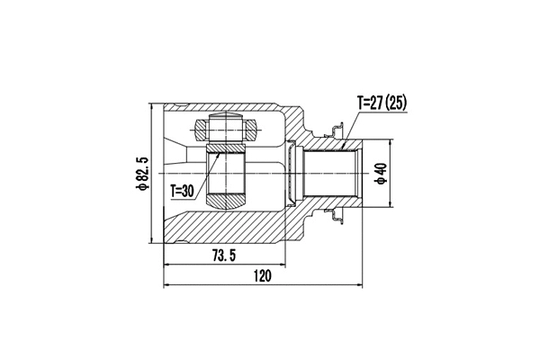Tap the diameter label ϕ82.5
[140, 173]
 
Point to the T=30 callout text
[182, 191]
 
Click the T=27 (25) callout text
[382, 103]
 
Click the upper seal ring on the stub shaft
[337, 132]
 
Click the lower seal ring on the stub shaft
[337, 213]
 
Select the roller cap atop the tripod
[225, 123]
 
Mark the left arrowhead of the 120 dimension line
[167, 287]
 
